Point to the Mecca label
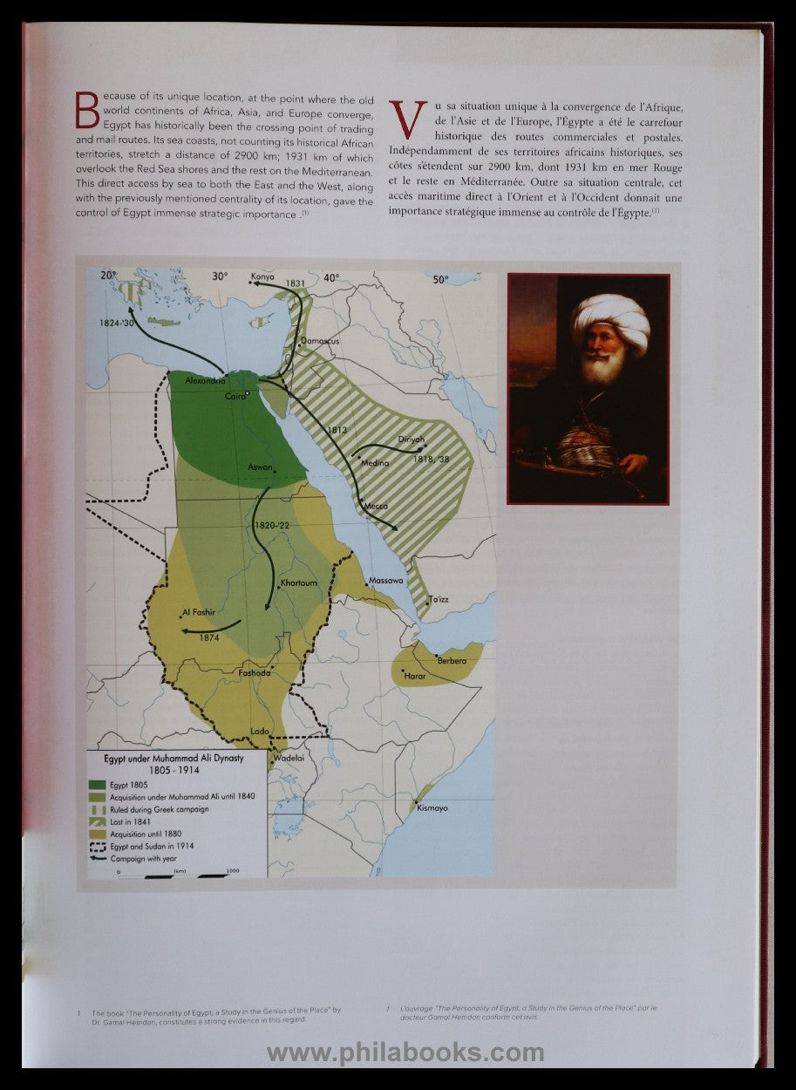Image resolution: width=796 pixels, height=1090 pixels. (x=375, y=506)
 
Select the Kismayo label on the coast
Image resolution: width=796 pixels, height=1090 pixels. (x=432, y=808)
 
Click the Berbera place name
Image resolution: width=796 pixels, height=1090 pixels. (x=452, y=661)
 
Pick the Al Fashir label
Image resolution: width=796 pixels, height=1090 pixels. (x=198, y=612)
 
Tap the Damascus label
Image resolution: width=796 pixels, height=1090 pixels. (x=320, y=341)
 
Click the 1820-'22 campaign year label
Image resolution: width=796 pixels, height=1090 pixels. (x=272, y=526)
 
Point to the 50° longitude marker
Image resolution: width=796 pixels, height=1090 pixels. (x=441, y=280)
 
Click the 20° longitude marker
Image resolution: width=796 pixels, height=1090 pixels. (x=109, y=276)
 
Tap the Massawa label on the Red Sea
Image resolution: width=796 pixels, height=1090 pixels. (x=386, y=581)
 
